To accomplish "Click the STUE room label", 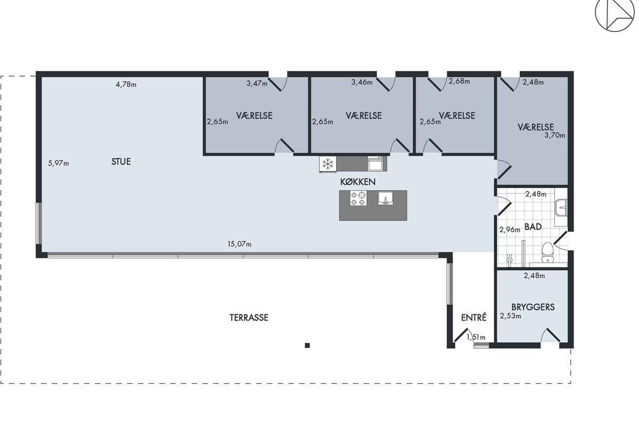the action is coord(121,162).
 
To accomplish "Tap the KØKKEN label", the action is coord(358,182).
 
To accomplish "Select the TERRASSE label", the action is coord(249,317).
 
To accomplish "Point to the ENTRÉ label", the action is coord(473,317).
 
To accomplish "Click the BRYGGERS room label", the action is coord(533,307).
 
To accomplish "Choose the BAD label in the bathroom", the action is coord(533,227).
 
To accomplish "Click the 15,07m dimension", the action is coord(239,244).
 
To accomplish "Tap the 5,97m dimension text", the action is coord(59,163).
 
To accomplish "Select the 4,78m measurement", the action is coord(126,85).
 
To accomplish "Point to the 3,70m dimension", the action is coord(554,136).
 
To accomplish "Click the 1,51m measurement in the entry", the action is coord(476,338).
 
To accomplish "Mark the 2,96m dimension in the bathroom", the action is coord(510,230).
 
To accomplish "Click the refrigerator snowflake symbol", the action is coord(328,164).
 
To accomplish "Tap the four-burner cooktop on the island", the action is coord(358,198).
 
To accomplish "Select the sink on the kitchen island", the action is coord(386,198).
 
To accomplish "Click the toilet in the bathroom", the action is coord(547,252).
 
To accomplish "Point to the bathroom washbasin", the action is coord(561,208).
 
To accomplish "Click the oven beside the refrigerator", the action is coord(375,163).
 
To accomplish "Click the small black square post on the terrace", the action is coord(307,346).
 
